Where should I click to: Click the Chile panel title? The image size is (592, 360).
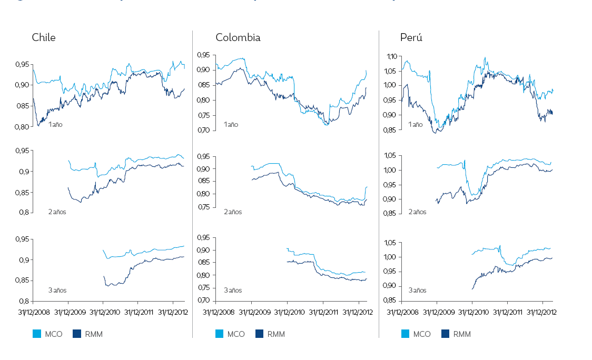43,37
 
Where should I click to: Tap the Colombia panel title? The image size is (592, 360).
238,37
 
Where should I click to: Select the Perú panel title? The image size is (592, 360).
411,37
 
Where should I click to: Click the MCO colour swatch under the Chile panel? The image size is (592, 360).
37,334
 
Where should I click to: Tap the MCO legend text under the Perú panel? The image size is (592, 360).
421,334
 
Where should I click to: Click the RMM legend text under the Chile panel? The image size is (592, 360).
94,334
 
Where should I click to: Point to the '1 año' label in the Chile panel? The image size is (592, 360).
55,125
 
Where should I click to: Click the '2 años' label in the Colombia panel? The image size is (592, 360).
233,212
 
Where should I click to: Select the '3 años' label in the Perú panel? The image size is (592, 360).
417,290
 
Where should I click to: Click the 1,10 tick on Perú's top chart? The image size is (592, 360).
394,56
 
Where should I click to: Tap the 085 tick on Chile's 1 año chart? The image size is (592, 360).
23,106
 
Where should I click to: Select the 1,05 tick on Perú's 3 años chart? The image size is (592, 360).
393,243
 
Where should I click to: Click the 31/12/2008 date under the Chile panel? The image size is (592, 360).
33,312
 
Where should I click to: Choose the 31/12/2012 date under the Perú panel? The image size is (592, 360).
542,312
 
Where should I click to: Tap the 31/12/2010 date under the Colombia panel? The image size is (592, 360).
287,312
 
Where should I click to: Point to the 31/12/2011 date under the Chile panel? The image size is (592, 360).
138,312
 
